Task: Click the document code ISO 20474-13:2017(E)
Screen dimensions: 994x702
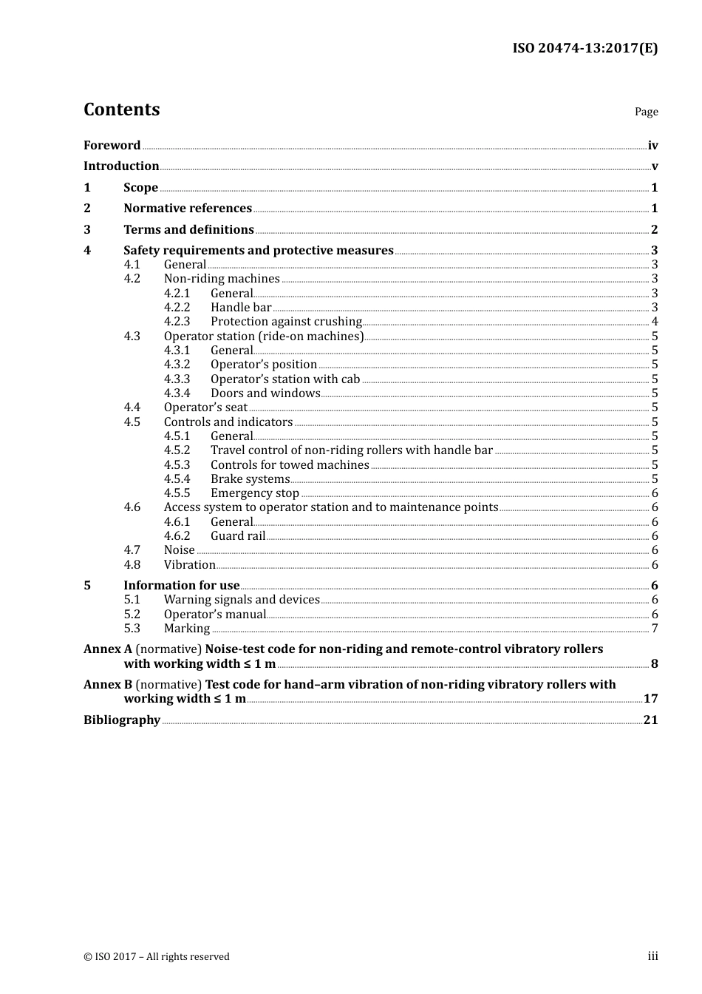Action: [585, 49]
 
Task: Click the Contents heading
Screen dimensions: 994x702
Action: [121, 109]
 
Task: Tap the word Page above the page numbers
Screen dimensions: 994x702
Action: [646, 112]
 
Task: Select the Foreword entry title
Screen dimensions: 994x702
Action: [112, 146]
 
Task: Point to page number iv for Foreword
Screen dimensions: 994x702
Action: [652, 146]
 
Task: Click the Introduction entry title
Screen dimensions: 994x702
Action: [121, 166]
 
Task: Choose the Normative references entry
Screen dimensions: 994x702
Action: [188, 209]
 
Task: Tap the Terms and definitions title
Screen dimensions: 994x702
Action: [188, 230]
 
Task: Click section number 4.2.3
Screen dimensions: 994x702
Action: [177, 322]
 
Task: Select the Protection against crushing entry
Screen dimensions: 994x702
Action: [286, 322]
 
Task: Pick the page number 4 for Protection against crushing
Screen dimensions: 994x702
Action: [655, 322]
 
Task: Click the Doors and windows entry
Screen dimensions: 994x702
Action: [265, 393]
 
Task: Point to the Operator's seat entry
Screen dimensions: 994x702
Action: [205, 408]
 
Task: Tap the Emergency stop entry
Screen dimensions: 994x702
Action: [255, 493]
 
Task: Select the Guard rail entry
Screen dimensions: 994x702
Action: [238, 536]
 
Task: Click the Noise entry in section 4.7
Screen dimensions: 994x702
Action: [180, 550]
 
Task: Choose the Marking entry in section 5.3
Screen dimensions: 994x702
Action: [187, 629]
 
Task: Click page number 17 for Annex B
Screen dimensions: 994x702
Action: [650, 699]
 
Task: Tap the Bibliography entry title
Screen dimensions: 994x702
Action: [122, 720]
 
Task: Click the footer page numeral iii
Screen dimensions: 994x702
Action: [652, 956]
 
